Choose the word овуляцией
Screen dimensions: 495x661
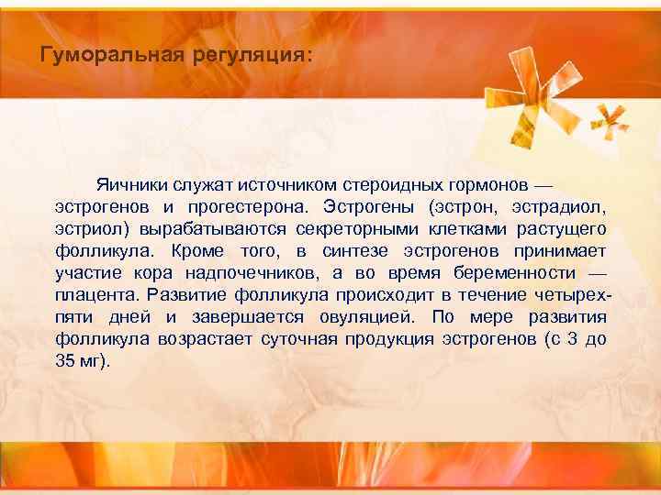[358, 318]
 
